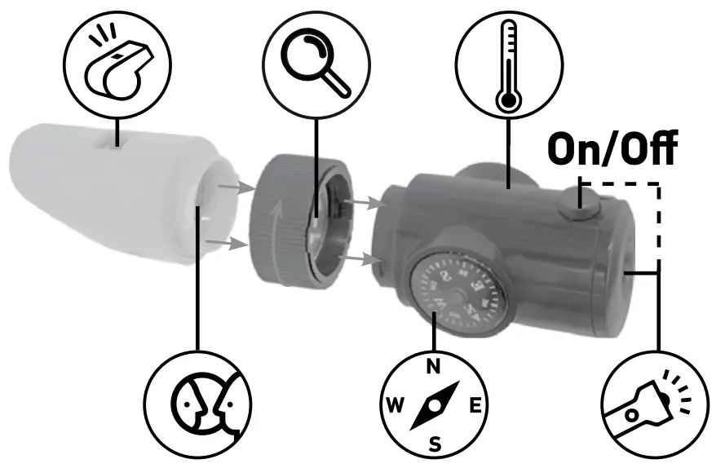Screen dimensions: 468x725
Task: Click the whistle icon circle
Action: pyautogui.click(x=117, y=62)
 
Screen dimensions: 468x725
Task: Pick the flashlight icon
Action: pyautogui.click(x=653, y=404)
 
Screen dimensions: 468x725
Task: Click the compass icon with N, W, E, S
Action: pyautogui.click(x=435, y=404)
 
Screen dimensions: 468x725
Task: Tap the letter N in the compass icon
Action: pyautogui.click(x=435, y=366)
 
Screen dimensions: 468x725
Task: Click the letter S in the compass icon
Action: pyautogui.click(x=435, y=444)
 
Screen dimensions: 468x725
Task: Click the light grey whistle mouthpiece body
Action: pyautogui.click(x=106, y=196)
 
